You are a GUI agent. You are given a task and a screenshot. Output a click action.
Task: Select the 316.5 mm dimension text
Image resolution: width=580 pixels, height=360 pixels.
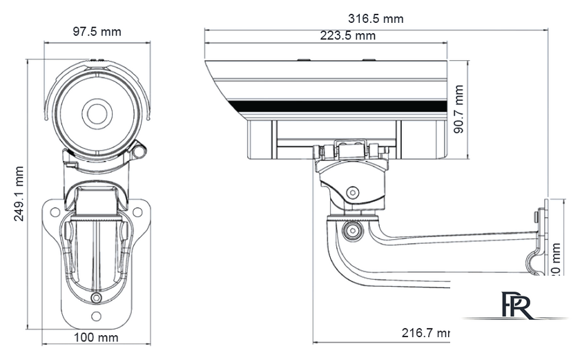click(x=376, y=19)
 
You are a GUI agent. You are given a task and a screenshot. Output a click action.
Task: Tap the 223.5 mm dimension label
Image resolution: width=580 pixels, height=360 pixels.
click(x=347, y=36)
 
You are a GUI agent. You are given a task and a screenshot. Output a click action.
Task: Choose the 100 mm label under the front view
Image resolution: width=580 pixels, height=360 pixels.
click(x=96, y=338)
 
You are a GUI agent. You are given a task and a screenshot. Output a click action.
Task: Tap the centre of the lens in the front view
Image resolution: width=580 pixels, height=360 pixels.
click(x=95, y=112)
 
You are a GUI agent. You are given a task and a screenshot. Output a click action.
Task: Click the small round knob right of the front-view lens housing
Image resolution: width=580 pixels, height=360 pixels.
click(x=141, y=149)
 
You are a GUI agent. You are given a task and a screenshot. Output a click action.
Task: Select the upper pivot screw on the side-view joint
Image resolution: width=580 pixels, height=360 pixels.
click(x=353, y=193)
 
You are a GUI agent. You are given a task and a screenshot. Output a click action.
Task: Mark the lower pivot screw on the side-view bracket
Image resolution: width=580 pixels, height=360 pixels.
click(x=353, y=229)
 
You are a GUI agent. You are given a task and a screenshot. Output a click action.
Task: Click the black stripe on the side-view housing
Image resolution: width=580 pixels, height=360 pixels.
click(x=338, y=106)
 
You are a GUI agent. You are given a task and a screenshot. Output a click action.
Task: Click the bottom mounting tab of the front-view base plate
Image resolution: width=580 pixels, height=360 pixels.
click(x=96, y=316)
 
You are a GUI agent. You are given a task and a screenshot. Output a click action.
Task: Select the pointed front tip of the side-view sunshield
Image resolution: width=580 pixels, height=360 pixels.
click(x=206, y=63)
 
